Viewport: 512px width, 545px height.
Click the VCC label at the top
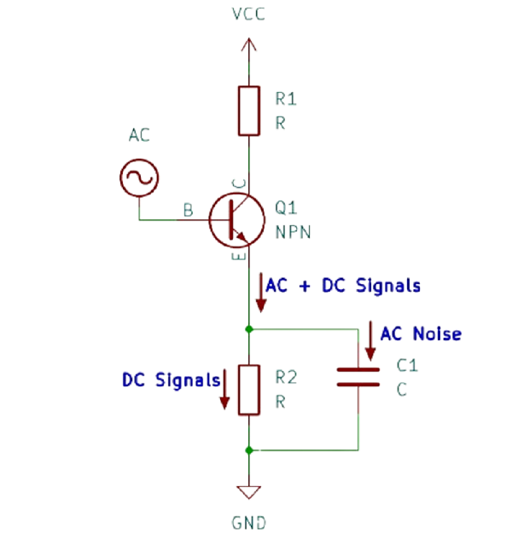pyautogui.click(x=247, y=15)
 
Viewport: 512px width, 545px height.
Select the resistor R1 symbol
pyautogui.click(x=248, y=110)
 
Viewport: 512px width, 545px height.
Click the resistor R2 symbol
pyautogui.click(x=248, y=389)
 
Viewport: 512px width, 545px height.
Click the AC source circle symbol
pyautogui.click(x=138, y=177)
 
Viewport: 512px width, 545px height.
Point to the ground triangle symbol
pyautogui.click(x=248, y=492)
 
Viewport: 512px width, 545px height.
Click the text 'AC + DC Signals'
pyautogui.click(x=343, y=285)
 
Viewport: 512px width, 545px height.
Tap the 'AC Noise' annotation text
pyautogui.click(x=421, y=333)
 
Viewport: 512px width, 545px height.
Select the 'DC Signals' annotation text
pyautogui.click(x=171, y=380)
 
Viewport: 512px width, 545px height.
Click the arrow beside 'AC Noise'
pyautogui.click(x=370, y=340)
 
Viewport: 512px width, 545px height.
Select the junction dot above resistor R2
pyautogui.click(x=248, y=328)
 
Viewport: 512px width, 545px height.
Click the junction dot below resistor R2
pyautogui.click(x=248, y=449)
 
